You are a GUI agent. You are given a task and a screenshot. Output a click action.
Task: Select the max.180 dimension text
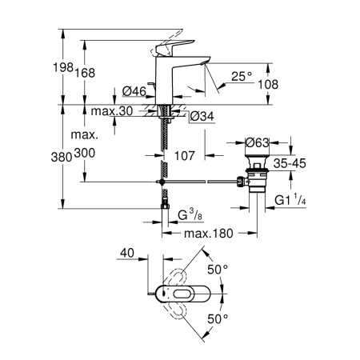pos(208,233)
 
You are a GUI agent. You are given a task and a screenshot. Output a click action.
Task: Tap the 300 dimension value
pos(85,154)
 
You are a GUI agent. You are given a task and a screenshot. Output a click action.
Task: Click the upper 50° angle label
pos(218,270)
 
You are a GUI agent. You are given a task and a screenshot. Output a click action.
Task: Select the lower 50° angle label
pos(218,318)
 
